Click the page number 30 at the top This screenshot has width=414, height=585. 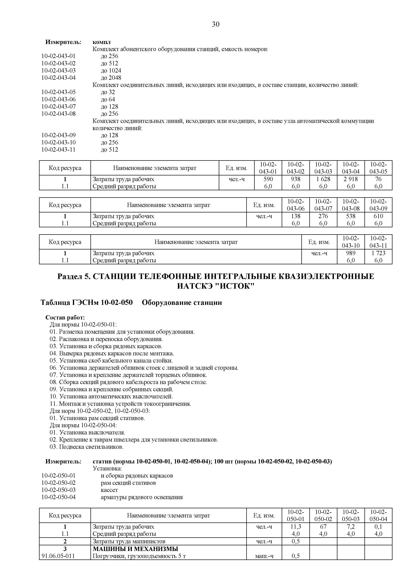pos(215,24)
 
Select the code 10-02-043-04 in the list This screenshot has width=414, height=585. pos(59,78)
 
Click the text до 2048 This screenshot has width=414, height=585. pos(111,78)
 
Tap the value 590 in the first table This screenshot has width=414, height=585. pos(268,179)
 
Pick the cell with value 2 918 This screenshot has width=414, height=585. pos(351,179)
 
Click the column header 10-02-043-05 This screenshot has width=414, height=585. pos(378,168)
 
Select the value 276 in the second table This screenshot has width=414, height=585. pos(323,216)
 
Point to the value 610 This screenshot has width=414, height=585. pos(378,216)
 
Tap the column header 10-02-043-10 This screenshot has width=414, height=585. pos(351,242)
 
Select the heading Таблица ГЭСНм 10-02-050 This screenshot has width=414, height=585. pos(87,303)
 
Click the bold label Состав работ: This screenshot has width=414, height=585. pos(65,318)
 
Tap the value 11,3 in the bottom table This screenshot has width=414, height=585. pos(296,527)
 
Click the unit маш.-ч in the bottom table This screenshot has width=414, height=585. pos(264,556)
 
